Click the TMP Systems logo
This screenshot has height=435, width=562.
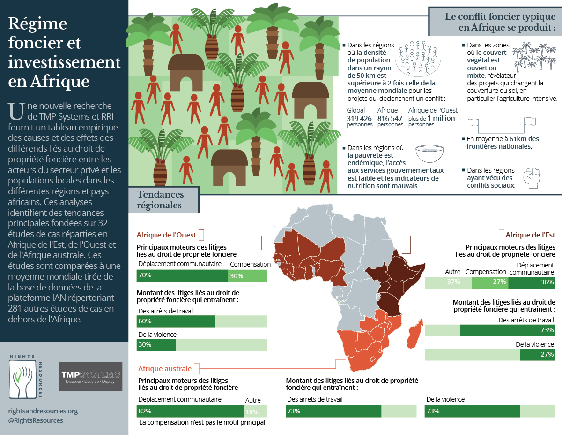(90, 376)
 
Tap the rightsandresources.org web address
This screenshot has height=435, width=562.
(43, 411)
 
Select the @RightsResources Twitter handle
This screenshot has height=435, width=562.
(36, 420)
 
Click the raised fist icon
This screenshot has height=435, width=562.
(531, 178)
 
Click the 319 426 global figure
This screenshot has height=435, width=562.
(359, 118)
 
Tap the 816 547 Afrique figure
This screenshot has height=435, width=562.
(390, 118)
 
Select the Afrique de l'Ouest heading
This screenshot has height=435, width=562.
(166, 235)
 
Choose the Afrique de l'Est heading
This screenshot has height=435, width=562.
(530, 235)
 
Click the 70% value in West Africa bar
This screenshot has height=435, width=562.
(145, 275)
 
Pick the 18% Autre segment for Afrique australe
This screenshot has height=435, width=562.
(252, 412)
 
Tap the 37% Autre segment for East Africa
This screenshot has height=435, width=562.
(453, 282)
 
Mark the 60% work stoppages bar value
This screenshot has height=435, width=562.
(145, 321)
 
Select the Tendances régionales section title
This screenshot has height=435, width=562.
(160, 200)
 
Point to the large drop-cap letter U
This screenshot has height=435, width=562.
(15, 111)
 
